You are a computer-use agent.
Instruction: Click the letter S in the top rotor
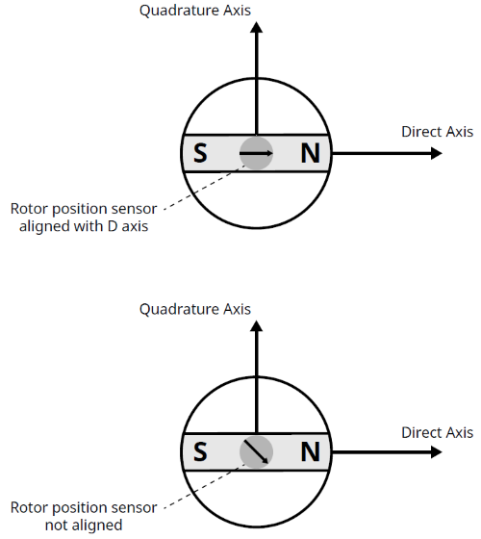pos(200,154)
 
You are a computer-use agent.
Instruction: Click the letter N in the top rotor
pos(309,154)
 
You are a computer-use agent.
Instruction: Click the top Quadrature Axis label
pos(195,12)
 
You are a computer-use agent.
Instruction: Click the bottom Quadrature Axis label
pos(195,309)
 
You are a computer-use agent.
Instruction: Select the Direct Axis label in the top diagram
pos(437,132)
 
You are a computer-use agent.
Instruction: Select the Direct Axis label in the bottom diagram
pos(437,433)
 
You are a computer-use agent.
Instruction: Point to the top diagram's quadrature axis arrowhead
pos(256,28)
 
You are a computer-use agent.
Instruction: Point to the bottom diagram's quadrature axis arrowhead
pos(256,326)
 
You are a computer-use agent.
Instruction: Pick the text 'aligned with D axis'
pos(83,227)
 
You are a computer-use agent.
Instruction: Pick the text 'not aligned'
pos(83,525)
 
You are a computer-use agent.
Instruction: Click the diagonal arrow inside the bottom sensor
pos(257,451)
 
